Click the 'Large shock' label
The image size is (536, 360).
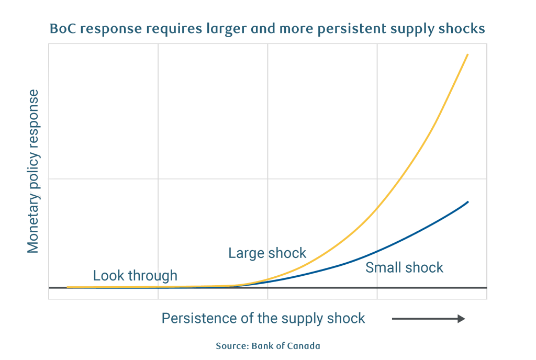(x=267, y=253)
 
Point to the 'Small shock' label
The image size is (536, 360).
(x=404, y=267)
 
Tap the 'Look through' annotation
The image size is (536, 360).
(x=135, y=275)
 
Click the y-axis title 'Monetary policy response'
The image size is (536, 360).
(x=33, y=171)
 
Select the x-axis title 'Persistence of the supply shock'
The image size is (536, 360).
(x=263, y=318)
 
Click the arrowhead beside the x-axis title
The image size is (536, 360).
(x=461, y=319)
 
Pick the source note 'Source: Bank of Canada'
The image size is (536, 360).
(x=267, y=346)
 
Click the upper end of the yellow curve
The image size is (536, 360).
(x=467, y=54)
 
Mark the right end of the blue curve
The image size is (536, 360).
(x=467, y=201)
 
